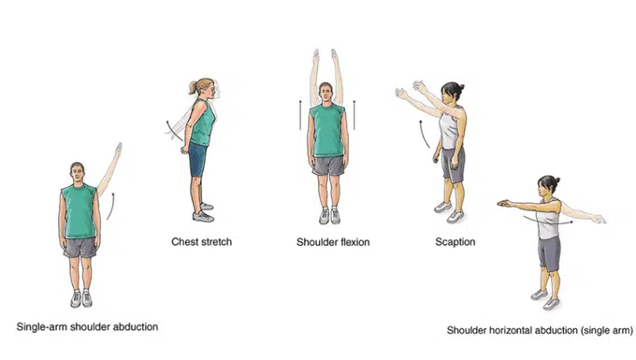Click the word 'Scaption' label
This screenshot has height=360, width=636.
[455, 242]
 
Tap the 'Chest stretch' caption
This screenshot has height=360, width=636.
[200, 242]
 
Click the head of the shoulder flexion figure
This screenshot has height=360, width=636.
[327, 93]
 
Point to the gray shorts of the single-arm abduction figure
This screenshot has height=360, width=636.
[79, 247]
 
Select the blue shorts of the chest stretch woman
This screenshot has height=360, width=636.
[196, 160]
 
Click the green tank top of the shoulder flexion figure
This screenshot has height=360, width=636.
[327, 130]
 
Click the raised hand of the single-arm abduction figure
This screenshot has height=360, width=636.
[118, 149]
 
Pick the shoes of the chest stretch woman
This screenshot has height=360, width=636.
[203, 211]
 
